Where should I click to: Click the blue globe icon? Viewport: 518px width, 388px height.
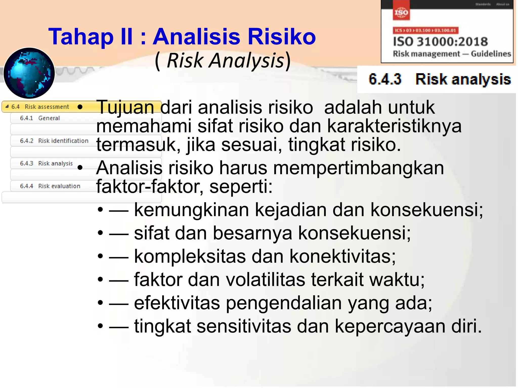coord(29,73)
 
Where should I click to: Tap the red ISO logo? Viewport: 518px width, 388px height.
coord(401,13)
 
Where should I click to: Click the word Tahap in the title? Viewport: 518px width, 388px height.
coord(81,37)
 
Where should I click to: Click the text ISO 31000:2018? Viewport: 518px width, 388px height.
coord(440,42)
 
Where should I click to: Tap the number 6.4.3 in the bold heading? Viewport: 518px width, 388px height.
coord(385,79)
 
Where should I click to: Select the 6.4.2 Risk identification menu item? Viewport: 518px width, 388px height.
coord(54,141)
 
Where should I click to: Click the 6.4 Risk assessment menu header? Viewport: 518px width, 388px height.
coord(40,107)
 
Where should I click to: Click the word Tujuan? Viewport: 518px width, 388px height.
coord(125,107)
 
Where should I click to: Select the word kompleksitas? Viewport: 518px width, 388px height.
coord(190,256)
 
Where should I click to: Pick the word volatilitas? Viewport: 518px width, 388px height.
coord(265,280)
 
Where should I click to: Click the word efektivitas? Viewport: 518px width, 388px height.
coord(177,303)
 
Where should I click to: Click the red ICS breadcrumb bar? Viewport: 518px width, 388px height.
coord(425,31)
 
